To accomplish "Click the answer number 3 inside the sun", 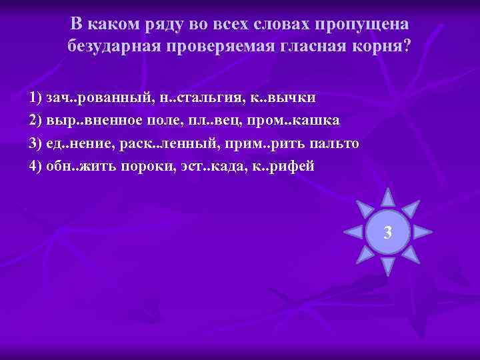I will click(x=388, y=233).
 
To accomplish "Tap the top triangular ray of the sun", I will click(x=388, y=197).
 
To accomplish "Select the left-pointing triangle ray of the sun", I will click(x=353, y=232).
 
